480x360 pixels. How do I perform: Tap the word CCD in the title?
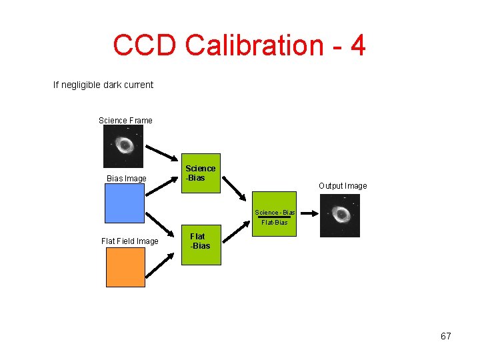click(x=145, y=45)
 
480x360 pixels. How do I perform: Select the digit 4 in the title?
click(x=357, y=45)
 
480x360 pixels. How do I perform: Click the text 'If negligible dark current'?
click(x=103, y=85)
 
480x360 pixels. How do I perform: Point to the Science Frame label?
click(x=125, y=121)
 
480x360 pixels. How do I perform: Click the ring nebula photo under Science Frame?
click(x=123, y=146)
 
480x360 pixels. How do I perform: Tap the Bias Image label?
click(x=127, y=178)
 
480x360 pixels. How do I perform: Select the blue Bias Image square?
click(x=125, y=203)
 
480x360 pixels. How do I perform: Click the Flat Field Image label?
click(x=130, y=241)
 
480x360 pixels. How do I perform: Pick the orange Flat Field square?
click(x=125, y=267)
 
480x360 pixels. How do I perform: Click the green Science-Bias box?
click(x=201, y=173)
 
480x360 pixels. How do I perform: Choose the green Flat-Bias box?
click(x=200, y=246)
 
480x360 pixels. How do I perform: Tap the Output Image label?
click(x=343, y=186)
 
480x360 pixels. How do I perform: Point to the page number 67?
click(x=446, y=336)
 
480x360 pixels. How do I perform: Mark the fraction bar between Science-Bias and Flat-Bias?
click(x=275, y=217)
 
